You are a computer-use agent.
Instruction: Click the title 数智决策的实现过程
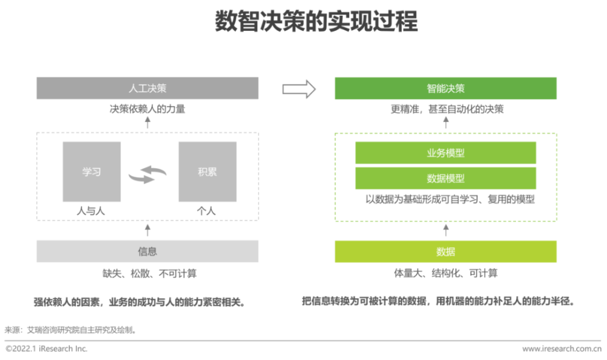click(316, 21)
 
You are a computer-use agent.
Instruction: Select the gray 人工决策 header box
click(148, 88)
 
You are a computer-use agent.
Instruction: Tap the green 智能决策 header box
click(446, 88)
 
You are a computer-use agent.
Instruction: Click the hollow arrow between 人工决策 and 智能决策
click(299, 89)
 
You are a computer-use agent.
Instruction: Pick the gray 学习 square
click(92, 171)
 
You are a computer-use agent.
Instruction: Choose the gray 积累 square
click(208, 171)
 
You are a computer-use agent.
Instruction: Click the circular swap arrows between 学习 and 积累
click(148, 174)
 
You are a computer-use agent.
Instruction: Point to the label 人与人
click(91, 211)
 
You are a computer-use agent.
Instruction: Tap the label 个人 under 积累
click(206, 211)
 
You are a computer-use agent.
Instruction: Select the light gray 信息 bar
click(148, 251)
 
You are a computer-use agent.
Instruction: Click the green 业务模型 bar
click(446, 153)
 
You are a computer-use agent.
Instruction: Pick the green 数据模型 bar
click(446, 178)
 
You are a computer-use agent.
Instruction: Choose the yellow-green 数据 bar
click(446, 251)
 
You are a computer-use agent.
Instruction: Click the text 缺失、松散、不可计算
click(149, 274)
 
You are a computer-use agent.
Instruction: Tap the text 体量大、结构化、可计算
click(446, 273)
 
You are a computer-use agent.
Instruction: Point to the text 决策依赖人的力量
click(148, 109)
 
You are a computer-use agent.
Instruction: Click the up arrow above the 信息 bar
click(148, 230)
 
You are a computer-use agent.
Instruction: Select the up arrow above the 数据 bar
click(446, 230)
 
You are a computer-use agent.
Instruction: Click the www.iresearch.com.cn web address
click(561, 349)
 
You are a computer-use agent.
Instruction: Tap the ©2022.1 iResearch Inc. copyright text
click(47, 348)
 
